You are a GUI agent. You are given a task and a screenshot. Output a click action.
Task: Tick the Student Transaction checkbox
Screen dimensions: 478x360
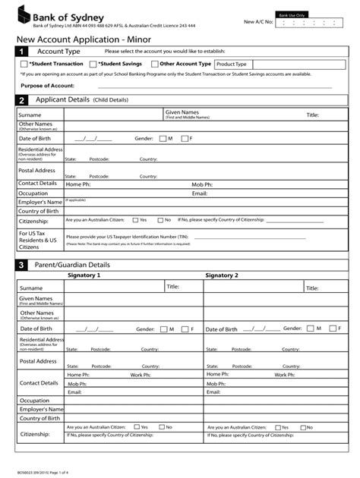pos(24,64)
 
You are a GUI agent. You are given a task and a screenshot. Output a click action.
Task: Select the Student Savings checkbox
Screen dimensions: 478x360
pos(93,64)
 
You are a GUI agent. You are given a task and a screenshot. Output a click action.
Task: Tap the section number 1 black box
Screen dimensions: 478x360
pos(21,51)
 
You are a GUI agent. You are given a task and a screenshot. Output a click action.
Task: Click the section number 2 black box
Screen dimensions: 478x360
pos(21,100)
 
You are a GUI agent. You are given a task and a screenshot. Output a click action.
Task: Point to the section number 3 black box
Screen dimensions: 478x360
pos(21,265)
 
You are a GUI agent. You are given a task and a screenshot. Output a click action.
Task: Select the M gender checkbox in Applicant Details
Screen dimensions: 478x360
pos(163,139)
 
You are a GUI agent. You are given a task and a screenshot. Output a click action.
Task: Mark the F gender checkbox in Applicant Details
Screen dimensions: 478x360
pos(184,139)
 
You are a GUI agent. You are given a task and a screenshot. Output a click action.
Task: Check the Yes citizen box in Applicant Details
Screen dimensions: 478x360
pos(134,220)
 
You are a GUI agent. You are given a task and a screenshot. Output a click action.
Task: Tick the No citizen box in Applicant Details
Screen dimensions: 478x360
pos(159,220)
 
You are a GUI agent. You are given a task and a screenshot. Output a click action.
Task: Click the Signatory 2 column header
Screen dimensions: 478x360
pos(221,275)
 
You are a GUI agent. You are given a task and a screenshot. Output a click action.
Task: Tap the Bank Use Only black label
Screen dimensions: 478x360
pos(292,14)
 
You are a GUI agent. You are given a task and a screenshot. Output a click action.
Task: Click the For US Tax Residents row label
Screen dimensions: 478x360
pos(38,241)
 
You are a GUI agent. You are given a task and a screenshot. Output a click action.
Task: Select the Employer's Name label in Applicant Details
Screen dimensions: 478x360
pos(40,203)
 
